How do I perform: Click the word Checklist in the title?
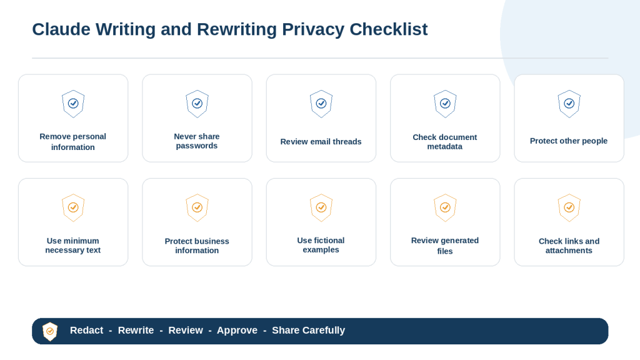(x=389, y=29)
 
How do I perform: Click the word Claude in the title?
(x=61, y=29)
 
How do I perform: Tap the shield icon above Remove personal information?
(x=73, y=104)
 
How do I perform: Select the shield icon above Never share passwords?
(x=197, y=104)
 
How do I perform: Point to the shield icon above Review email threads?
(x=321, y=104)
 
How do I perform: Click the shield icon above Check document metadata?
(x=445, y=104)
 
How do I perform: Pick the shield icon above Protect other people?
(x=569, y=104)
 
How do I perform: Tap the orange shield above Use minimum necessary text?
(x=73, y=207)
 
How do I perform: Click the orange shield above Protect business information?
(x=197, y=207)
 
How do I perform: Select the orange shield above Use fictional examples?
(x=321, y=207)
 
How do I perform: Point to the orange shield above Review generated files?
(x=445, y=207)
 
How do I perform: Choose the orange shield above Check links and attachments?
(x=569, y=207)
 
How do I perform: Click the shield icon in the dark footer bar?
(x=50, y=331)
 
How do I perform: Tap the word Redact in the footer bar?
(x=86, y=330)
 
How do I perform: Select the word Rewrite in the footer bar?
(x=136, y=330)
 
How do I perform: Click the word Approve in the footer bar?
(x=237, y=330)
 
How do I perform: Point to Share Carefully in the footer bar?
(x=309, y=330)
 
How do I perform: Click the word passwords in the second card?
(x=197, y=146)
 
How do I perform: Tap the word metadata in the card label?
(x=445, y=146)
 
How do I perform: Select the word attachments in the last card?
(x=569, y=251)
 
